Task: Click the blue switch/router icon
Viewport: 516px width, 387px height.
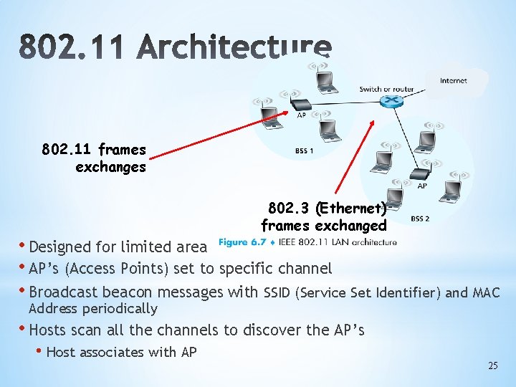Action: pyautogui.click(x=390, y=102)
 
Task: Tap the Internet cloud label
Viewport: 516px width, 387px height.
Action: pyautogui.click(x=453, y=81)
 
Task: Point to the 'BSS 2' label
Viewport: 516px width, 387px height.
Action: pyautogui.click(x=420, y=218)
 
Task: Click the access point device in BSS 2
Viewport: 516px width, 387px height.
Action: pyautogui.click(x=419, y=174)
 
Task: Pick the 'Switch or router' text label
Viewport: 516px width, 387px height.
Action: pyautogui.click(x=386, y=89)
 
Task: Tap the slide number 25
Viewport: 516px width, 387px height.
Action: pyautogui.click(x=492, y=365)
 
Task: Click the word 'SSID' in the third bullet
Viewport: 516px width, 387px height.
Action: pyautogui.click(x=278, y=292)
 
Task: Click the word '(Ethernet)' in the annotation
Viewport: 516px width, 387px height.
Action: pyautogui.click(x=350, y=209)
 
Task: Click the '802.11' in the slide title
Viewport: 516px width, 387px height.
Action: pyautogui.click(x=70, y=49)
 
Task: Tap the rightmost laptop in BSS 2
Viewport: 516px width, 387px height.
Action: pyautogui.click(x=451, y=190)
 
